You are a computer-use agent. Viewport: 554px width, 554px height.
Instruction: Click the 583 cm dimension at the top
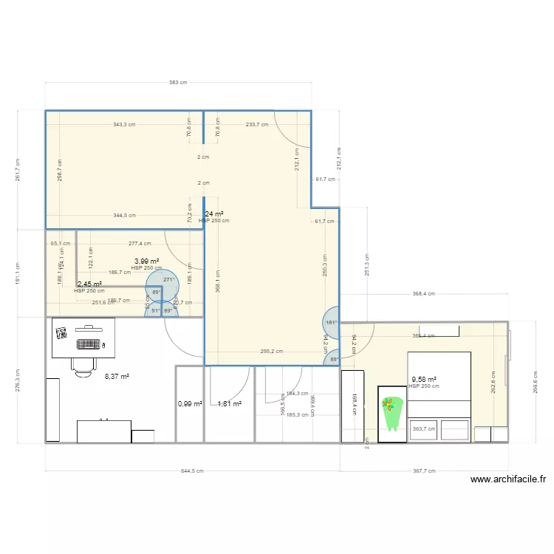point(178,83)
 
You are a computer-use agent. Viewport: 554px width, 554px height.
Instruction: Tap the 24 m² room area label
point(213,214)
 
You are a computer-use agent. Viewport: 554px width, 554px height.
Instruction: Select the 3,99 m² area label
point(146,261)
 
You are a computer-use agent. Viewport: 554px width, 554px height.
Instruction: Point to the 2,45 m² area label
point(89,284)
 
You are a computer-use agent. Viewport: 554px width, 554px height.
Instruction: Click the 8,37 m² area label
point(117,376)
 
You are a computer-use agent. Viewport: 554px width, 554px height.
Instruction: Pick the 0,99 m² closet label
point(189,404)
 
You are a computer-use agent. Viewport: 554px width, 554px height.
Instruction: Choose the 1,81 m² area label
point(229,404)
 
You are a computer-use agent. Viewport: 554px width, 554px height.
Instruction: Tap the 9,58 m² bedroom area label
point(423,380)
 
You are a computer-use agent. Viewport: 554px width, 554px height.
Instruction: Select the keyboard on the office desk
point(89,343)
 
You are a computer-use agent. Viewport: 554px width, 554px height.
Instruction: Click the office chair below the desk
point(83,362)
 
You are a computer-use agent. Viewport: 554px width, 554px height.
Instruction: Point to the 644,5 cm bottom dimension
point(192,471)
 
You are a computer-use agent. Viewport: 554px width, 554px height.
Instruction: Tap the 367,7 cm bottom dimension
point(424,471)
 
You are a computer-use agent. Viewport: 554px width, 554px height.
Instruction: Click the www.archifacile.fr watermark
point(508,479)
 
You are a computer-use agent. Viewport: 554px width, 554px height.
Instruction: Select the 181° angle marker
point(332,322)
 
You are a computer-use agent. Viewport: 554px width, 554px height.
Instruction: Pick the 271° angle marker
point(168,280)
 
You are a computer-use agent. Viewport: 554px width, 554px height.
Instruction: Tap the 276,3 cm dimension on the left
point(18,380)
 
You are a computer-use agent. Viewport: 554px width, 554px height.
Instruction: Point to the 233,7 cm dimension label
point(257,125)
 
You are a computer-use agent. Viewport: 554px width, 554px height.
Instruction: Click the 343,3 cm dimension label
point(124,125)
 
